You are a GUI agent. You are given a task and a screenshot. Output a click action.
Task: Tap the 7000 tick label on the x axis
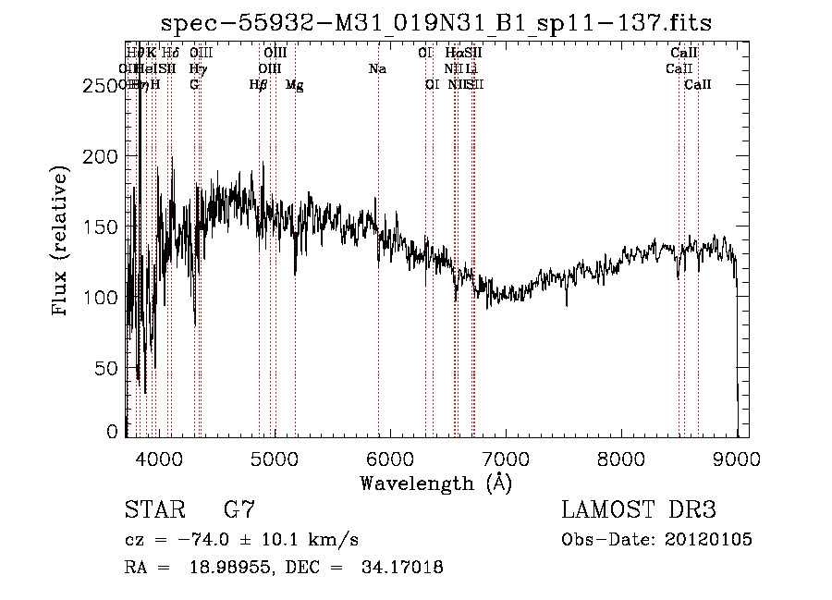coord(506,458)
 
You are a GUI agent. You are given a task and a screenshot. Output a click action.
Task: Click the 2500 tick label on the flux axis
coord(99,86)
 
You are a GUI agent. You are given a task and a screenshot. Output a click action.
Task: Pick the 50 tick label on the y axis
coord(107,368)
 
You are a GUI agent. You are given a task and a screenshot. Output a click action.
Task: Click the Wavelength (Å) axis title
coord(435,483)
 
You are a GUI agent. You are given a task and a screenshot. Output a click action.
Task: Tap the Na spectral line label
coord(377,69)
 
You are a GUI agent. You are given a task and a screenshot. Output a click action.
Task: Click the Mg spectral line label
coord(294,85)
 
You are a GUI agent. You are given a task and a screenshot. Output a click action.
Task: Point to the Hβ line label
coord(259,85)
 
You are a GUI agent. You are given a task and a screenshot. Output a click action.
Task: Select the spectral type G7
coord(239,510)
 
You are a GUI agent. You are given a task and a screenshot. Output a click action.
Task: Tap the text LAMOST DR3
coord(639,510)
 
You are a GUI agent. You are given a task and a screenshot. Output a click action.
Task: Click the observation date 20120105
coord(707,540)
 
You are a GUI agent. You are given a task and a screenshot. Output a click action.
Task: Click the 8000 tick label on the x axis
coord(621,458)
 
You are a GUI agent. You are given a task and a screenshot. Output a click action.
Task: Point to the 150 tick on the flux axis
coord(126,227)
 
